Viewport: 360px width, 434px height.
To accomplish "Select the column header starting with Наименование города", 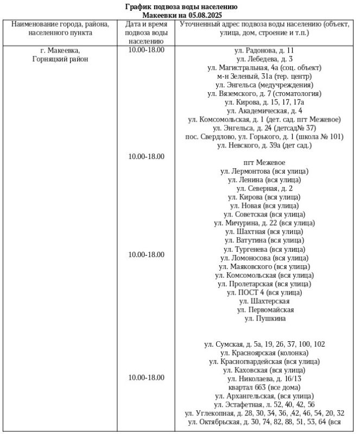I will tap(60, 29).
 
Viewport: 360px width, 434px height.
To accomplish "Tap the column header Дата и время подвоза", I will tap(146, 33).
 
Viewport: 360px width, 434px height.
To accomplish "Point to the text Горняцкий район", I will tap(60, 59).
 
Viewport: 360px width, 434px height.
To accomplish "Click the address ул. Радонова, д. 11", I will tap(264, 50).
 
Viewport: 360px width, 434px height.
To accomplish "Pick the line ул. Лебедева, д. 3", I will tap(264, 59).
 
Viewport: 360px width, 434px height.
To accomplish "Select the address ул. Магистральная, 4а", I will tap(264, 68).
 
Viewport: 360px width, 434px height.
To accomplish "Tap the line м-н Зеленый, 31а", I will tap(264, 76).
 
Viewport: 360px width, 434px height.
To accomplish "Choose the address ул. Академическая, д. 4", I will tap(264, 111).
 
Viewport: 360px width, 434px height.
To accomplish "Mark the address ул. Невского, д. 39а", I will tap(264, 145).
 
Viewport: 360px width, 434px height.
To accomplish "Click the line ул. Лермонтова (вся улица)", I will tap(264, 171).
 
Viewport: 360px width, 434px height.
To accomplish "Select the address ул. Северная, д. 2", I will tap(264, 188).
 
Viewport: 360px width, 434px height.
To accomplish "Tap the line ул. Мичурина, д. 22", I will tap(264, 223).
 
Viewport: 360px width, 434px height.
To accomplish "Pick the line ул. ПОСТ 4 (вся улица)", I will tap(264, 292).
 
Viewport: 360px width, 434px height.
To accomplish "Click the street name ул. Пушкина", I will tap(264, 318).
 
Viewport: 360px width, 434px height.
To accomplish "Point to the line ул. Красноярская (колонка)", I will tap(264, 353).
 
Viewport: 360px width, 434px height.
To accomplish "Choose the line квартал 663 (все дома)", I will tap(264, 387).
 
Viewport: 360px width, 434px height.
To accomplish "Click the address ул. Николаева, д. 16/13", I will tap(264, 379).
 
